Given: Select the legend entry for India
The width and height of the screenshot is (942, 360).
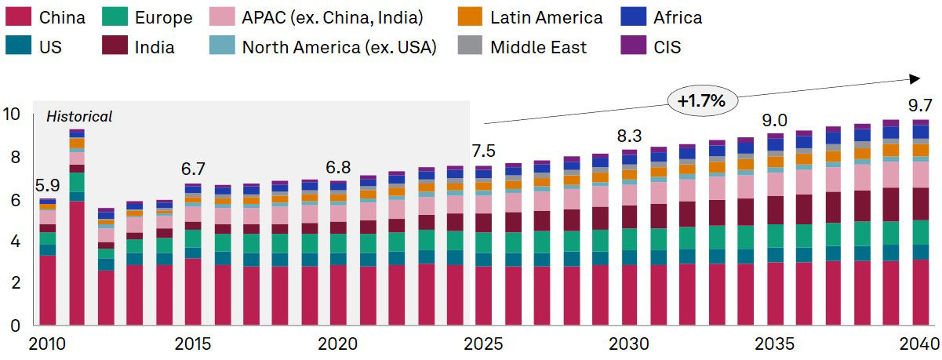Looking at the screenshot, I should (x=153, y=47).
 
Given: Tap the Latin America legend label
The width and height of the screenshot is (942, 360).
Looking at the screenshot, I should (x=546, y=16).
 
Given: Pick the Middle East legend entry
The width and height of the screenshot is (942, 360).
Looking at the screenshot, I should (x=538, y=47).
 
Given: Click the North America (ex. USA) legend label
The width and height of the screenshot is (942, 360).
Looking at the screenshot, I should (x=340, y=47).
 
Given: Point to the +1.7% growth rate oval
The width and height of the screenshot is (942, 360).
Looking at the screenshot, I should (x=702, y=100).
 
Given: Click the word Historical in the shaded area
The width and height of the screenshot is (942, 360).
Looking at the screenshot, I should (x=79, y=117).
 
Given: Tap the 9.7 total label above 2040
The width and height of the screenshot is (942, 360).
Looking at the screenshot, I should (x=918, y=104).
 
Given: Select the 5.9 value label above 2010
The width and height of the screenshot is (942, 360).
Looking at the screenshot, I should (x=47, y=187).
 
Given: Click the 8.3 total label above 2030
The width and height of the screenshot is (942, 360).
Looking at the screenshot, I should (x=629, y=136).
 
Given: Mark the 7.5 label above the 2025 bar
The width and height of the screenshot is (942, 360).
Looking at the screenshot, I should (x=484, y=151).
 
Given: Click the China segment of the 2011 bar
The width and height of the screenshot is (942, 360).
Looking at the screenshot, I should (x=77, y=263).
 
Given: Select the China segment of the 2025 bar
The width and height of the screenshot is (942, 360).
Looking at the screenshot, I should (x=484, y=295).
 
